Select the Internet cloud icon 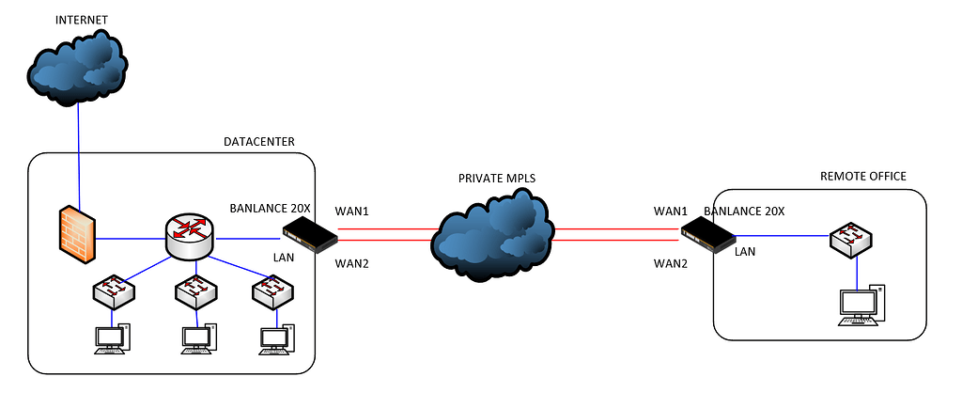tap(77, 67)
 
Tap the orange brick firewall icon tap(76, 233)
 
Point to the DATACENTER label tap(259, 142)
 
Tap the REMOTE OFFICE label tap(862, 176)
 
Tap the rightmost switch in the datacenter tap(274, 292)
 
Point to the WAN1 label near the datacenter tap(351, 210)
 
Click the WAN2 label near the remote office tap(671, 264)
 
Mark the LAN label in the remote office tap(745, 251)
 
